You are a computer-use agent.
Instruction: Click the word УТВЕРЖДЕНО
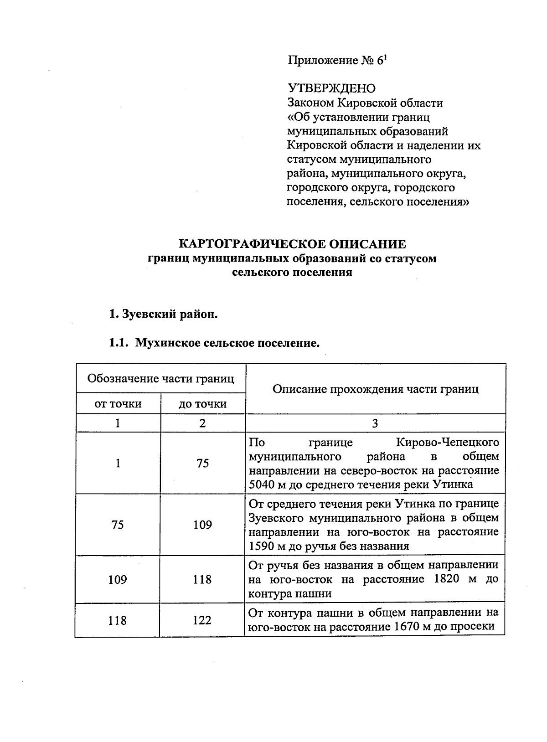(331, 88)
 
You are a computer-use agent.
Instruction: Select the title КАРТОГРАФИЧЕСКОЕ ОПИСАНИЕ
(292, 244)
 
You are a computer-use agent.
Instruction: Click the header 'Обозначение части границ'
(160, 378)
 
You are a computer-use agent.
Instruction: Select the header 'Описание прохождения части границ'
(375, 389)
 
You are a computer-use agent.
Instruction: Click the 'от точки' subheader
(118, 404)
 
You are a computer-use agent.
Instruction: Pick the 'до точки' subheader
(202, 404)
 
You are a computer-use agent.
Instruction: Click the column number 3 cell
(375, 423)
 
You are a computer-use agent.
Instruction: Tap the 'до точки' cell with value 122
(202, 620)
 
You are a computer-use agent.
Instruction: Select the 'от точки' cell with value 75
(118, 525)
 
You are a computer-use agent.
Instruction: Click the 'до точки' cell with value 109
(202, 525)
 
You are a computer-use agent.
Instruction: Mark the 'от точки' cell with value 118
(118, 620)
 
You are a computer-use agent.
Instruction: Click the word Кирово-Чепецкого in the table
(447, 442)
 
